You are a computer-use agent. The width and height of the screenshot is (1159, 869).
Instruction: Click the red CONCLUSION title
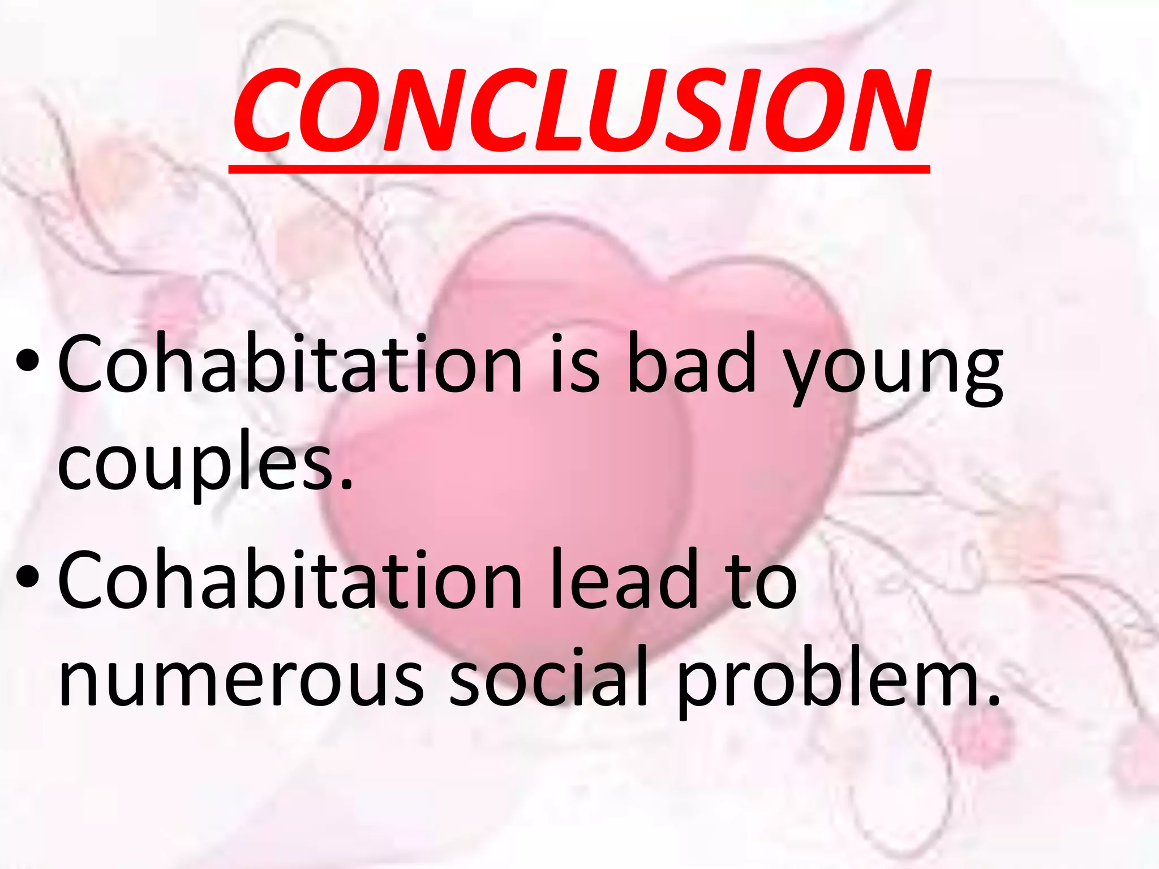tap(579, 110)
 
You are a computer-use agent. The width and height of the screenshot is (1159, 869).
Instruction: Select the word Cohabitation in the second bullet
tap(289, 579)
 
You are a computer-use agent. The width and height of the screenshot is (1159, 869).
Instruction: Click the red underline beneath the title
tap(579, 169)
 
